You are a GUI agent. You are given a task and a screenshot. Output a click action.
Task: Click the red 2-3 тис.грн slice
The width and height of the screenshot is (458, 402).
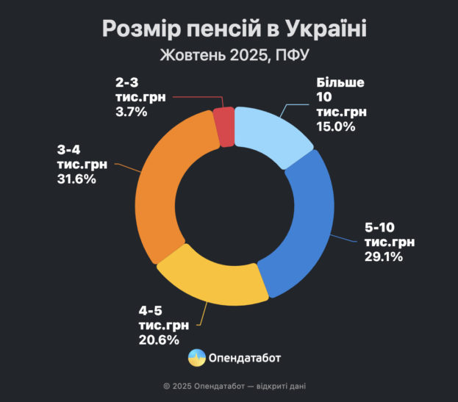[223, 126]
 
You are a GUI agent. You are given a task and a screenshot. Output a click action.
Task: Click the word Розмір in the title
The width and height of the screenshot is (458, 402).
[136, 29]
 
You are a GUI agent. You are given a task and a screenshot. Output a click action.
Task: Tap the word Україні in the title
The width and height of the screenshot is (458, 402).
[317, 29]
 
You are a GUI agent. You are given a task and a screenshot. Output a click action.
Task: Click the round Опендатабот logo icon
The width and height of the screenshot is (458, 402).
[197, 359]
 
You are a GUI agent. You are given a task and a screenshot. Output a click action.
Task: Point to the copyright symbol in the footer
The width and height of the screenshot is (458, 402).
[167, 385]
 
